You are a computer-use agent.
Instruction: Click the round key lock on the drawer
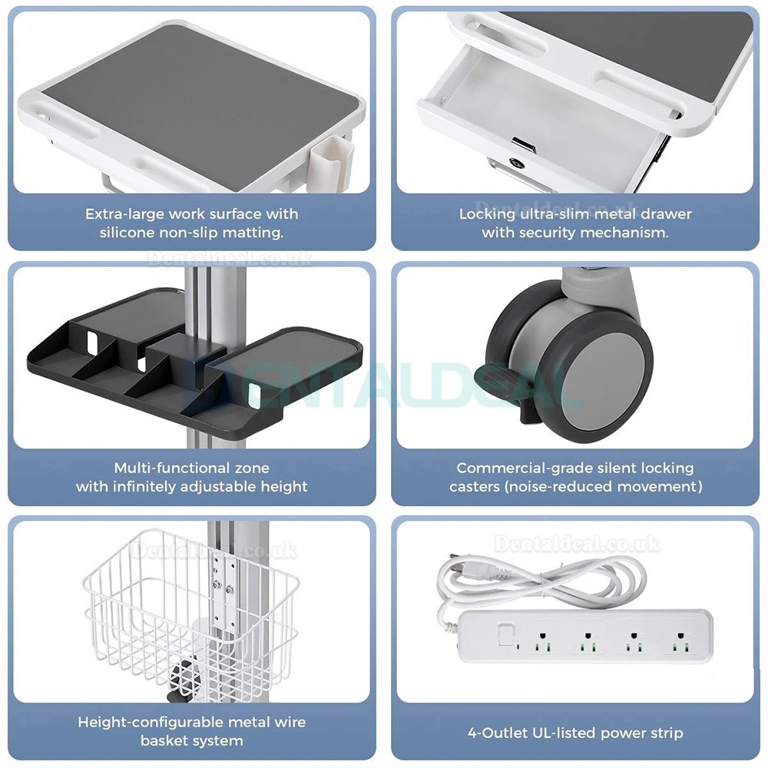[516, 162]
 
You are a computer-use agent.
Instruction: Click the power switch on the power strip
[505, 636]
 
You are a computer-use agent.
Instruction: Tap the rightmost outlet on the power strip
[680, 641]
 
